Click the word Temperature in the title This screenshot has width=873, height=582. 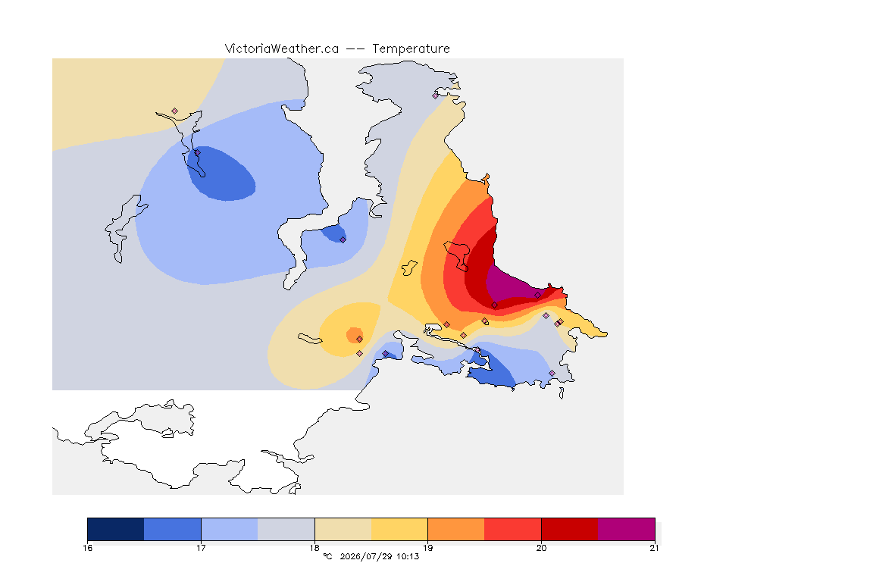(x=411, y=49)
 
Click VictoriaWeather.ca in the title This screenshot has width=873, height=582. (x=282, y=49)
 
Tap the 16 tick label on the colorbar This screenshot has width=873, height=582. (x=88, y=548)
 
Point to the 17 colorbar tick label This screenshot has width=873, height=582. (x=201, y=548)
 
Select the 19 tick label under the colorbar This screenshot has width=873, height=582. (x=427, y=548)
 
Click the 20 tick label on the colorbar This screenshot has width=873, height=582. (x=541, y=548)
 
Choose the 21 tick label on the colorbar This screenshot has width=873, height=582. (x=654, y=548)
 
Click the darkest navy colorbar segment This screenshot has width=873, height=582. (x=116, y=529)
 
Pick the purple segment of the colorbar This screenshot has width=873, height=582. (x=627, y=529)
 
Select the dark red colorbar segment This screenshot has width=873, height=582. (x=570, y=529)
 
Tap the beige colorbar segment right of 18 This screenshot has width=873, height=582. (x=343, y=529)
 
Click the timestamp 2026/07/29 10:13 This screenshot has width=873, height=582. (x=379, y=556)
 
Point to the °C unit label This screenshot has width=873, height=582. (x=327, y=556)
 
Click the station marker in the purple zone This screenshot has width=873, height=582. (x=537, y=296)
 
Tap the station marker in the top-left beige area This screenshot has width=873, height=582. (x=175, y=111)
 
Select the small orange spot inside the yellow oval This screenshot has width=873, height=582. (x=354, y=335)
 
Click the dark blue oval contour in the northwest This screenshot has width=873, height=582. (x=221, y=174)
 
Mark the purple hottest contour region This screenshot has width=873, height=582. (x=512, y=285)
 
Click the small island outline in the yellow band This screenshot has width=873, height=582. (x=410, y=268)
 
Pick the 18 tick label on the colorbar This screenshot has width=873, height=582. (x=314, y=548)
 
